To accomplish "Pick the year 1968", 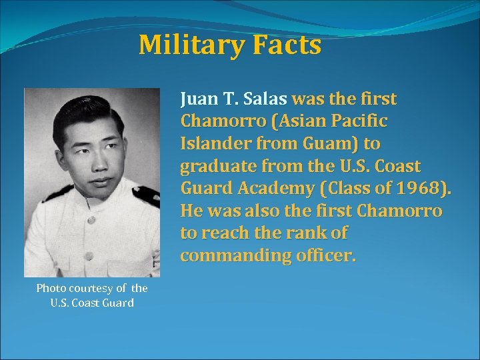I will (x=417, y=189).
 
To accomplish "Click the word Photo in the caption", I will (x=51, y=288).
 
